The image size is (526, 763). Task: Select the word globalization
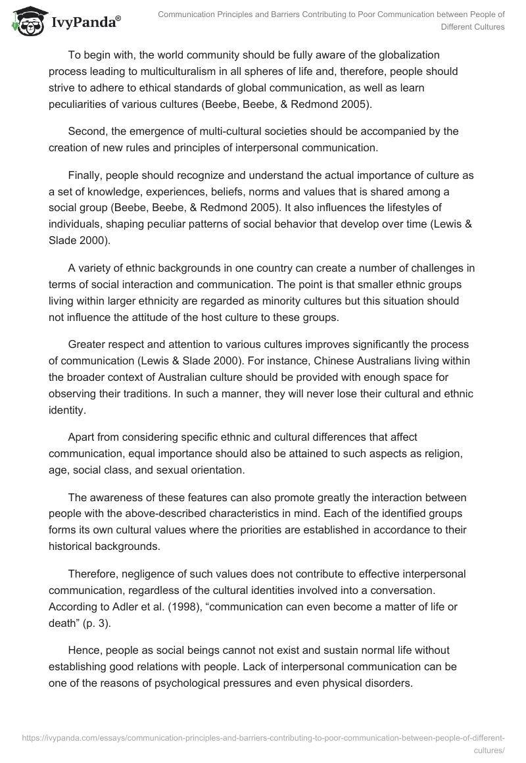point(408,55)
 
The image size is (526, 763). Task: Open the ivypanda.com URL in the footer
point(263,739)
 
